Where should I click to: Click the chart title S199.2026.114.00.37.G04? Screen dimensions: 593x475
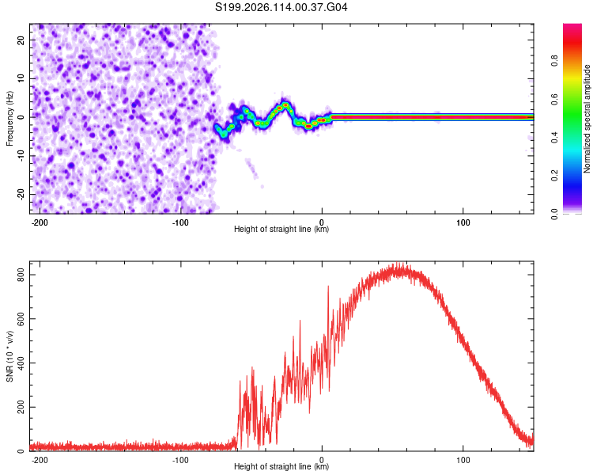click(281, 7)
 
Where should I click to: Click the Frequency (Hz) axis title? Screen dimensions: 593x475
click(9, 119)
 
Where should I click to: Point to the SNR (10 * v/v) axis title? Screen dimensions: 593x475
click(9, 356)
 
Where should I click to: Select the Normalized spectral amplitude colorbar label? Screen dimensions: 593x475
click(587, 119)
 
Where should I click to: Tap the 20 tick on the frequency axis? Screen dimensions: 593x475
click(21, 40)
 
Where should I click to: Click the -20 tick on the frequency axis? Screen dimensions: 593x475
click(21, 194)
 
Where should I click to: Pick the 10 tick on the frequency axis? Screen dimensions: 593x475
click(21, 78)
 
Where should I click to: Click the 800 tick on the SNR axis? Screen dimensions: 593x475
click(21, 275)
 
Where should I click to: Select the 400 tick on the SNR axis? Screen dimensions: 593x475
click(21, 363)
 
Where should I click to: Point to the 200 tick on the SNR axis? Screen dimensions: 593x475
click(21, 407)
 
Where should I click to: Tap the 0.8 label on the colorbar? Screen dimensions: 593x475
click(554, 61)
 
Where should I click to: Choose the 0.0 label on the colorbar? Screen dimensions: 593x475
click(554, 215)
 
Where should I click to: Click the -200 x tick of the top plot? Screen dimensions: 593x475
click(39, 222)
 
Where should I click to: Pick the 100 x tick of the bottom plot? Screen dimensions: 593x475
click(463, 460)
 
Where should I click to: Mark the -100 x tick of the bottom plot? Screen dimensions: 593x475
click(180, 460)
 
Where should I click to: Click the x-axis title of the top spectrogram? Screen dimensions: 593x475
click(281, 229)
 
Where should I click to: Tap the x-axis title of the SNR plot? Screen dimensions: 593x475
click(281, 466)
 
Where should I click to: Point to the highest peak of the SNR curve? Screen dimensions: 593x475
click(397, 263)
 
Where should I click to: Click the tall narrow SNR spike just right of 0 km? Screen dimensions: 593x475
click(328, 287)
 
